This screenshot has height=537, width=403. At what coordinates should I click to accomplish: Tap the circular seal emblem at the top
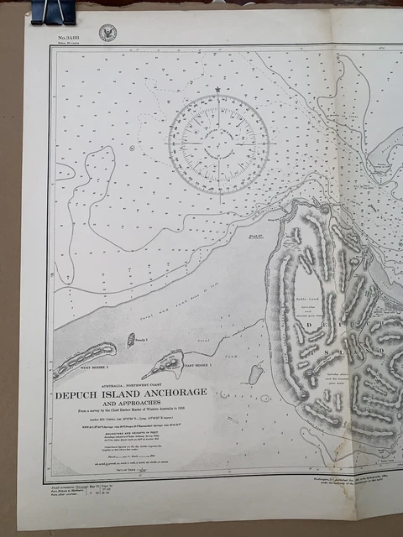[107, 33]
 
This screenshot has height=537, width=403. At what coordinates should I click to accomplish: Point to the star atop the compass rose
[217, 89]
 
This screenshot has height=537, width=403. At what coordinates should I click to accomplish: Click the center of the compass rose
[218, 143]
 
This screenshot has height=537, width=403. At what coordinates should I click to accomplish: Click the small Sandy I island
[131, 340]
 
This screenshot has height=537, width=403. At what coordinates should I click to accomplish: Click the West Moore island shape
[84, 357]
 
